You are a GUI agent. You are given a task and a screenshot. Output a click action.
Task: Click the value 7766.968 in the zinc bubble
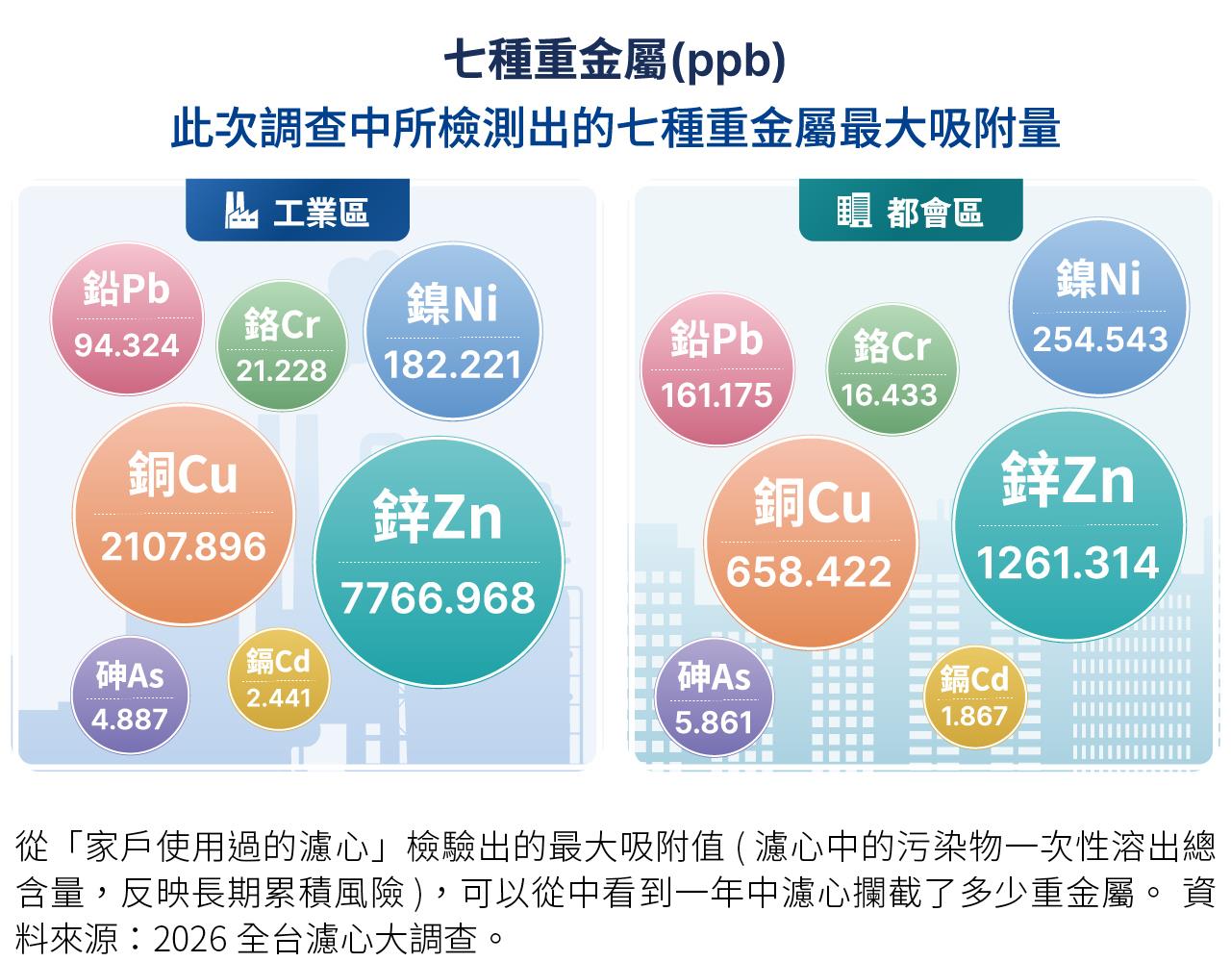click(438, 598)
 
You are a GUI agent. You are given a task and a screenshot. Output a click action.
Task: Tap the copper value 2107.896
click(183, 546)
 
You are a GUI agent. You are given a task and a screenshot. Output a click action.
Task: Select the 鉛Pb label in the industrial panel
click(126, 289)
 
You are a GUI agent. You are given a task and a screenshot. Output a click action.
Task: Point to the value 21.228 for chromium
click(282, 371)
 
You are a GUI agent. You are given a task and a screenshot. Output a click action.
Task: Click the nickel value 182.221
click(452, 365)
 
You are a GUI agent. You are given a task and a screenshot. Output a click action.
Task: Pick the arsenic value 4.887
click(129, 720)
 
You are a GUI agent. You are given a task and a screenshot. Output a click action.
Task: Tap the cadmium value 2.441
click(279, 698)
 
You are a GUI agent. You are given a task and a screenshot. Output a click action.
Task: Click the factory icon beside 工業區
click(240, 210)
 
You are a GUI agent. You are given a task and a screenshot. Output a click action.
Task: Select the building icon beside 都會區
click(854, 210)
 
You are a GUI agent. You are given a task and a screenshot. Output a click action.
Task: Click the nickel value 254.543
click(1100, 340)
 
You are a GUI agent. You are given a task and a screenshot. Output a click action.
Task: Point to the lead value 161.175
click(716, 394)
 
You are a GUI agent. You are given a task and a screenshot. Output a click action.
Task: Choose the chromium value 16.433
click(890, 394)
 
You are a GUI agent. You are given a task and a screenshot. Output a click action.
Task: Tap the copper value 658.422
click(809, 571)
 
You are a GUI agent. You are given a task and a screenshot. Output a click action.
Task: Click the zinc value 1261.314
click(1068, 563)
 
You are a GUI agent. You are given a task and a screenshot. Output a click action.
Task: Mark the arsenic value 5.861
click(714, 722)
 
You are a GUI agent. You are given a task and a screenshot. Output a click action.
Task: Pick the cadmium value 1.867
click(974, 716)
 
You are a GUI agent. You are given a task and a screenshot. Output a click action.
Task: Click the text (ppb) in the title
click(728, 61)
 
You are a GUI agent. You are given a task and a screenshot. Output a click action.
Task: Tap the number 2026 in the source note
click(188, 939)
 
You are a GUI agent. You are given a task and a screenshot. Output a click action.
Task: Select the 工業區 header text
click(321, 212)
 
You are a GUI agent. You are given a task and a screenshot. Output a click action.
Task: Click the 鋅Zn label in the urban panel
click(1068, 480)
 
